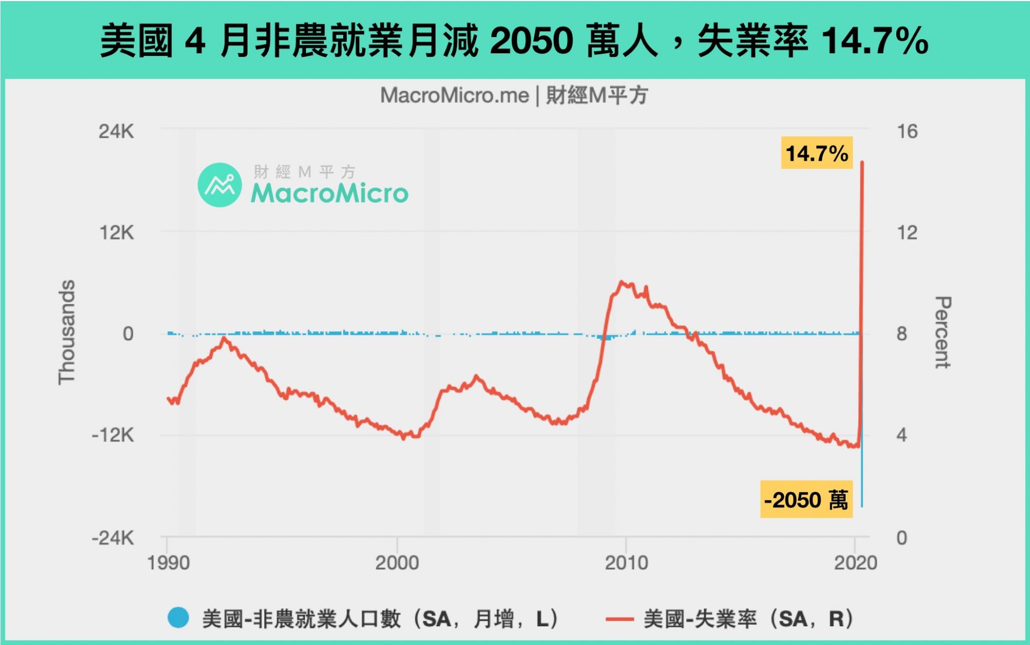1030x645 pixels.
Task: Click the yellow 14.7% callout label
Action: (816, 153)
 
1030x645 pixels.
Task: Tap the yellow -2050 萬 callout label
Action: (806, 499)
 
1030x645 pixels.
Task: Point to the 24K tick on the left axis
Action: (116, 131)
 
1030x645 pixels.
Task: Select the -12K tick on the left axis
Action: (113, 434)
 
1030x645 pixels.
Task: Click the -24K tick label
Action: (113, 537)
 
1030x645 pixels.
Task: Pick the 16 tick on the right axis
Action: (907, 131)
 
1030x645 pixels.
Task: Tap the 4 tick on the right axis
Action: (902, 434)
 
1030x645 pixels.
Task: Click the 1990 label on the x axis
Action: (169, 563)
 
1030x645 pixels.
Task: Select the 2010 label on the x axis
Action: (626, 563)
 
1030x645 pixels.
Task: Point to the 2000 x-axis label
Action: (397, 563)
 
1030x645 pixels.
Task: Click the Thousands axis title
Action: (67, 332)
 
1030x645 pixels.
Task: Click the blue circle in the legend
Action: (178, 618)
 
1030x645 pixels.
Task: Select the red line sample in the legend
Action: (619, 619)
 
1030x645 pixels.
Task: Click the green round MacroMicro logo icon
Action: (220, 185)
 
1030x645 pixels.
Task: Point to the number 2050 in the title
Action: (531, 40)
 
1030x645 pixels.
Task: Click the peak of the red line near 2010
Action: (622, 282)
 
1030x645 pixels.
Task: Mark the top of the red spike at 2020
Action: (862, 162)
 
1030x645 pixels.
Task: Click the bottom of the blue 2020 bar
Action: (862, 506)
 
